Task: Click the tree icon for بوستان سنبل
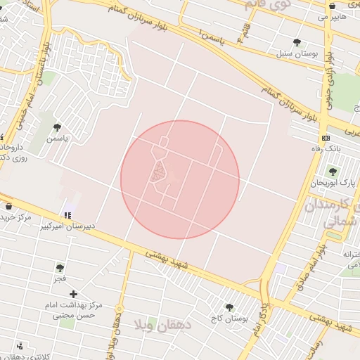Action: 297,42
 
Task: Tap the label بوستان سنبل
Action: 297,53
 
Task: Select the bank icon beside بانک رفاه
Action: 325,138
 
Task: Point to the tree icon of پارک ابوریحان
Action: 333,172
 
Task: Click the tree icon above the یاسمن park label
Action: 57,127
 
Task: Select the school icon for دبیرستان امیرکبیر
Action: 67,215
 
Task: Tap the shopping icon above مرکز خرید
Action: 8,206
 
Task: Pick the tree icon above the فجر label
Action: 60,268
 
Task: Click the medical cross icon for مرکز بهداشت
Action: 73,293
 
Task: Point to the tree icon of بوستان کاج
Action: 229,307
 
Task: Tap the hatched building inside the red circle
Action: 160,172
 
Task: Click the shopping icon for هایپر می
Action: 331,6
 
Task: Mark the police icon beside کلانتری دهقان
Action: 19,346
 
